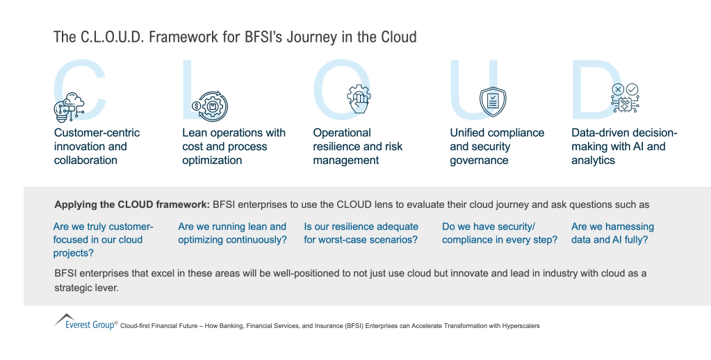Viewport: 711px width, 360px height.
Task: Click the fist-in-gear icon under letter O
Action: [359, 100]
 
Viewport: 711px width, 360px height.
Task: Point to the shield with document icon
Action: [493, 101]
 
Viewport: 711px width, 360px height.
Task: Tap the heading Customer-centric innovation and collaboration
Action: [97, 147]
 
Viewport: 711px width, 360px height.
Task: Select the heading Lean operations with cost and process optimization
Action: [234, 147]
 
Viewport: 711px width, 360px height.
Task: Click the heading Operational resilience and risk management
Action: [357, 147]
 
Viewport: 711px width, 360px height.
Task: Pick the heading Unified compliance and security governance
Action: [496, 147]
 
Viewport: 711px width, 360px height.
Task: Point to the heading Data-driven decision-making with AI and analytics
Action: [623, 147]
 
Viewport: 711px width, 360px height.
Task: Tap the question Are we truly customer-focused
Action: [103, 239]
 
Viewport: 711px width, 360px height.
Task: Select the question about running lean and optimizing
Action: [232, 233]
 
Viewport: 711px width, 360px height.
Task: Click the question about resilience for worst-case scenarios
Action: [361, 233]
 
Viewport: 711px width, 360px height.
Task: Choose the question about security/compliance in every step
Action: [499, 233]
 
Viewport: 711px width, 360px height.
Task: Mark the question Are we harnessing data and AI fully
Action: [612, 233]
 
